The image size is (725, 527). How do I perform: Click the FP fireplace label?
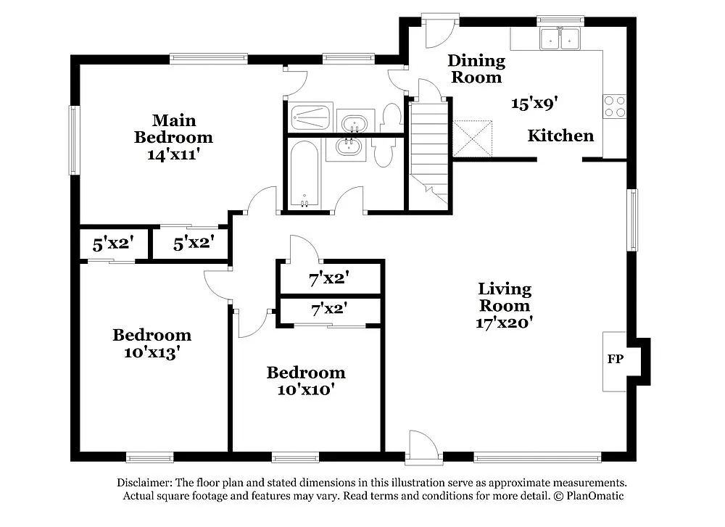click(613, 360)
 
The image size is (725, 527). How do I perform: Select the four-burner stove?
click(615, 107)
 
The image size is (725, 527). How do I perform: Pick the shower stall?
click(310, 116)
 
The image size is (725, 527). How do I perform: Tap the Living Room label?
click(505, 297)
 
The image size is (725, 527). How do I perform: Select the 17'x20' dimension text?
click(505, 323)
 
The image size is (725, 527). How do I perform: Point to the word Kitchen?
click(560, 136)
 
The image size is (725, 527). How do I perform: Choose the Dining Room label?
click(476, 69)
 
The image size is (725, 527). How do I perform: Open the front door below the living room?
click(424, 447)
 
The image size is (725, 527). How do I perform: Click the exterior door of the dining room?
click(441, 29)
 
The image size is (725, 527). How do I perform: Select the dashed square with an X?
click(472, 138)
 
